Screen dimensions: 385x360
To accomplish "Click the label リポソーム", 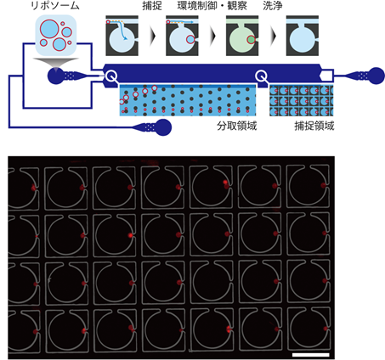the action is pos(55,6).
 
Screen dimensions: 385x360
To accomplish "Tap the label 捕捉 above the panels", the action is pos(152,6).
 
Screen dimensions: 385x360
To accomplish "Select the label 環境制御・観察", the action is pos(212,6).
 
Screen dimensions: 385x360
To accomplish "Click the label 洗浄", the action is pos(273,6).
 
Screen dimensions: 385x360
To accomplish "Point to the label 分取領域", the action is pos(237,126).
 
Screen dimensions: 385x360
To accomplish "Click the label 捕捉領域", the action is pos(314,126).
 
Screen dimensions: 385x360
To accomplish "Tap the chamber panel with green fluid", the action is pos(242,36).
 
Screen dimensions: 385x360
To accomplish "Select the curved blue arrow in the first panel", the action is pos(122,31).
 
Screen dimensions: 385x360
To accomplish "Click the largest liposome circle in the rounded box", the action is pos(49,29).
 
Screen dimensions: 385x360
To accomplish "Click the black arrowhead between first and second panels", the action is pos(153,36).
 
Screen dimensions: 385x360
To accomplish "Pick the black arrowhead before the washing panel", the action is pos(274,36).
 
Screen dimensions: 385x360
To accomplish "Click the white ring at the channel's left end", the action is pos(111,76).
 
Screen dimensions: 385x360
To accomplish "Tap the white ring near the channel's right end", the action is pos(261,76).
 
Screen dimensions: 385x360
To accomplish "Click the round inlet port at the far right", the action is pos(377,76).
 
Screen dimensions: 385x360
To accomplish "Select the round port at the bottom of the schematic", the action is pos(163,127).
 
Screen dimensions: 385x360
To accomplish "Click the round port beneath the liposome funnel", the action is pos(56,76).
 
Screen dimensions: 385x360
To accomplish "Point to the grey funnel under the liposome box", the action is pos(56,64).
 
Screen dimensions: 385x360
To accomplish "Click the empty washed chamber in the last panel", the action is pos(302,39).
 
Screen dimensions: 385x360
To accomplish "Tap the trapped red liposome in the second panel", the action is pos(190,39).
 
